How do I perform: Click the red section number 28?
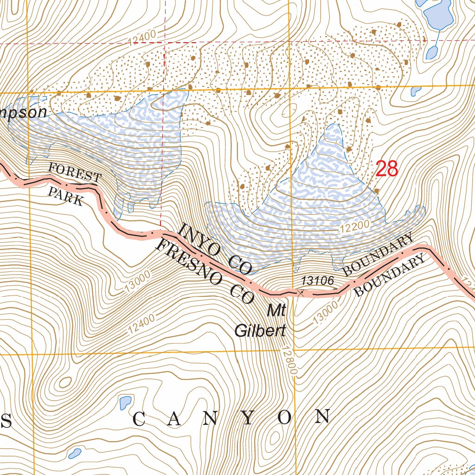tap(387, 169)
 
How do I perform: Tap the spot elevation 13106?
tap(318, 280)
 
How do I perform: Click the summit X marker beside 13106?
tap(301, 293)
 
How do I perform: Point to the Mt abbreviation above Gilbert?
tap(276, 311)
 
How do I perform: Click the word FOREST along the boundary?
tap(75, 173)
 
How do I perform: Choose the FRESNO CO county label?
tap(205, 272)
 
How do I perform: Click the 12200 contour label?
tap(354, 227)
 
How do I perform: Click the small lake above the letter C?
tap(125, 402)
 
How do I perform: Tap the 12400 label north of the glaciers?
tap(142, 38)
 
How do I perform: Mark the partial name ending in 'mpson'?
tap(23, 113)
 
